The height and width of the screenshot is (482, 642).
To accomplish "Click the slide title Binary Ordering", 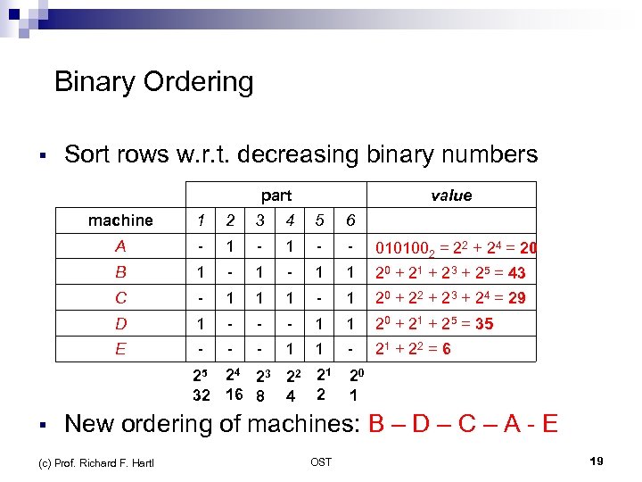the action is tap(153, 82).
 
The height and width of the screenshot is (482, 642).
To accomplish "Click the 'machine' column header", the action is tap(120, 220).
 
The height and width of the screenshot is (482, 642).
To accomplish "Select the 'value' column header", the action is tap(451, 195).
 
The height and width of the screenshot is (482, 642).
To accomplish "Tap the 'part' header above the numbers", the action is tap(276, 195).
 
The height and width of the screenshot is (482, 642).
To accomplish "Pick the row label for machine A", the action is tap(120, 246).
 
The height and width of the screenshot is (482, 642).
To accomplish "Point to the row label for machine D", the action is tap(120, 322).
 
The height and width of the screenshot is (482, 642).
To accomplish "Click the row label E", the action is tap(120, 348).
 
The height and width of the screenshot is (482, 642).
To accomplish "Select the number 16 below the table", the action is tap(234, 395).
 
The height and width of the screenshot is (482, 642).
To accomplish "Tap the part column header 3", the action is tap(259, 220).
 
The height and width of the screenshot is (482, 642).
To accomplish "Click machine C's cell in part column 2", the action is tap(230, 297).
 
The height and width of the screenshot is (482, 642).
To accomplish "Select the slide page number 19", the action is tap(597, 461).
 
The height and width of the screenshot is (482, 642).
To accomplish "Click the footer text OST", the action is tap(321, 461).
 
